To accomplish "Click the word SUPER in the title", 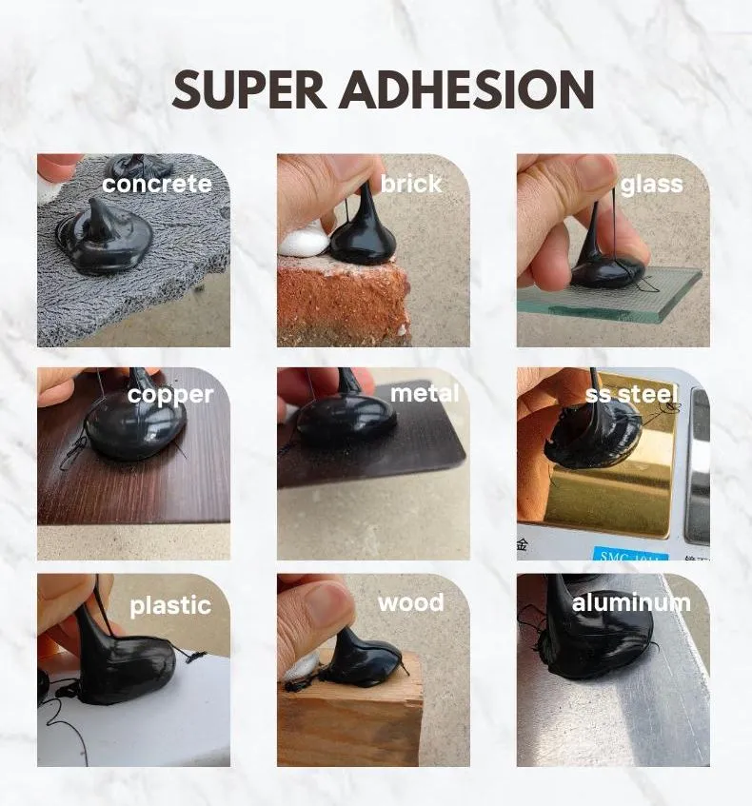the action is pos(249,89).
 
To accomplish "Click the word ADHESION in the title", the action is pos(467,89).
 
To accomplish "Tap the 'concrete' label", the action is pos(157,184).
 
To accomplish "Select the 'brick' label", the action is pos(411,184).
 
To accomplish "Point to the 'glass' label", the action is pos(652,185).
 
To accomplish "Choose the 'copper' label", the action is pos(170,395).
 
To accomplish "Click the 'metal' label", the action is pos(425,394).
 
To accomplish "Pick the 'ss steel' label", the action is pos(632,394).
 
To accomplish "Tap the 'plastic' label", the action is pos(170,605).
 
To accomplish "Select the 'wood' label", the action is pos(411,603).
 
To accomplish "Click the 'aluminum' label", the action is pos(631,603).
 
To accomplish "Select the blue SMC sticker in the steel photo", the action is pos(630,555).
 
